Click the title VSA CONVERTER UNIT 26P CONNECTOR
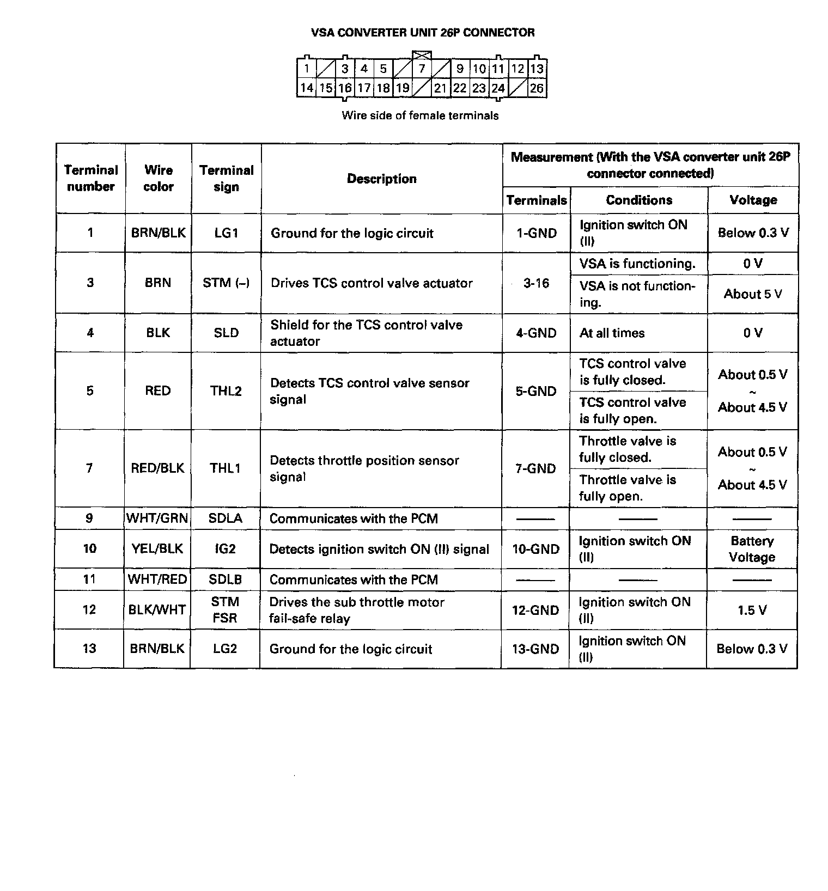click(422, 33)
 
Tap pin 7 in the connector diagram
click(422, 69)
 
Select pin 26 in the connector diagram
click(537, 88)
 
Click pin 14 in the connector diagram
click(307, 88)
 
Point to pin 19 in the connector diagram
click(403, 88)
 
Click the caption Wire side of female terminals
click(420, 115)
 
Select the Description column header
click(381, 179)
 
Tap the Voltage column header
click(753, 200)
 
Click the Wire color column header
click(158, 178)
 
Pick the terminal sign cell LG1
click(226, 233)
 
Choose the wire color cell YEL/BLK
click(157, 548)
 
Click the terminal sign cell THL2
click(226, 390)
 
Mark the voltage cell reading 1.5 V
click(752, 610)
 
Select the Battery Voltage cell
click(752, 549)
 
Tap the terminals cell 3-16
click(536, 283)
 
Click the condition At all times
click(612, 333)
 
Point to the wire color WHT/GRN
click(157, 518)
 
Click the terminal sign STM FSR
click(225, 610)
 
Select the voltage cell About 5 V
click(752, 294)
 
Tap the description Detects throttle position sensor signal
click(364, 468)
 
